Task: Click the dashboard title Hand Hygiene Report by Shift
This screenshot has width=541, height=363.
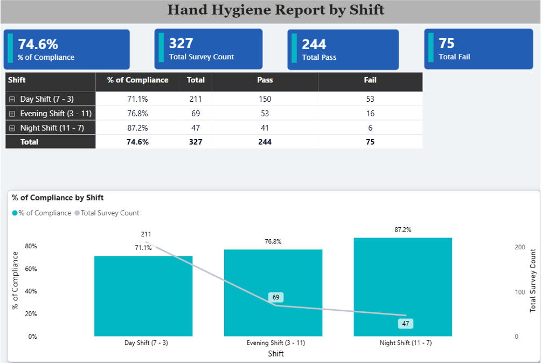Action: click(276, 10)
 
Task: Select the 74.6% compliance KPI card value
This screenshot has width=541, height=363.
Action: click(38, 44)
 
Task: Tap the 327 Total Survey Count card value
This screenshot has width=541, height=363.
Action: click(181, 43)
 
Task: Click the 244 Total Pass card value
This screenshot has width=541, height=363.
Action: click(314, 44)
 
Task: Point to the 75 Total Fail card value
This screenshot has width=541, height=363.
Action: click(447, 43)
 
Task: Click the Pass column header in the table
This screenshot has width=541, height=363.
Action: click(265, 80)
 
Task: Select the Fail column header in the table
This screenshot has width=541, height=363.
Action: click(370, 80)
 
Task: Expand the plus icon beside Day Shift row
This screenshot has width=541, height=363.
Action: click(12, 100)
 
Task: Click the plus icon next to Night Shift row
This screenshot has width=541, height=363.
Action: click(12, 128)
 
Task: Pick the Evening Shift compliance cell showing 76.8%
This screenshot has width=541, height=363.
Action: click(137, 114)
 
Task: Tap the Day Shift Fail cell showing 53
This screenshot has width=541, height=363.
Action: click(370, 99)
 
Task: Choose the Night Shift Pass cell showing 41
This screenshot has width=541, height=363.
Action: click(265, 128)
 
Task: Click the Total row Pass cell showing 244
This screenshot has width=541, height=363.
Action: click(265, 142)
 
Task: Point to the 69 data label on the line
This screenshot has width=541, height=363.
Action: click(276, 297)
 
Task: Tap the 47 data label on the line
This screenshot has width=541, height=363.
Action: click(405, 324)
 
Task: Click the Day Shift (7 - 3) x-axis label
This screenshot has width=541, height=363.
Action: click(146, 343)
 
